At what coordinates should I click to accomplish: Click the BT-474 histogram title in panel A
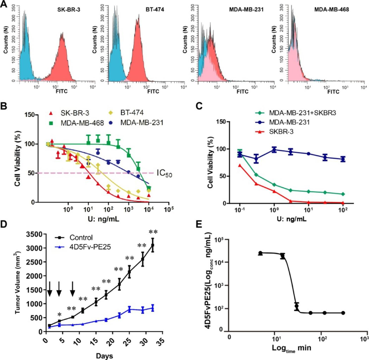[x=155, y=10]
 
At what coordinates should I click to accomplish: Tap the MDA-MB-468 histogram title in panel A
[x=331, y=10]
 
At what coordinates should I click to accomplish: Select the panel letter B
[x=4, y=106]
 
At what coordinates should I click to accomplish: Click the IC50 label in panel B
[x=164, y=174]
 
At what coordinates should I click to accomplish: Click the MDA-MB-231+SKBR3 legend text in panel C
[x=302, y=113]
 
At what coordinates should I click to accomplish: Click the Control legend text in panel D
[x=81, y=238]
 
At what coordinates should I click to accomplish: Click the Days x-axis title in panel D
[x=104, y=356]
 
